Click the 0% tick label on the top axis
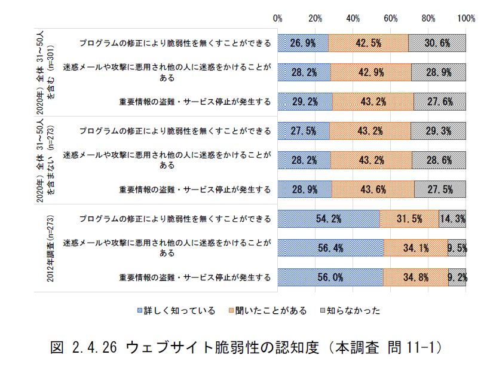tap(278, 19)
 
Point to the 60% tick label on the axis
tap(391, 19)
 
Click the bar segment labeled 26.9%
tap(303, 43)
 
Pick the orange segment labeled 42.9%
tap(370, 72)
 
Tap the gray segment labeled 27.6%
tap(439, 102)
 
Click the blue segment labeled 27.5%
tap(304, 131)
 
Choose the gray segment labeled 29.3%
tap(438, 131)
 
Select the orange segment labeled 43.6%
tap(373, 189)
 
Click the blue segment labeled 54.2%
tap(329, 219)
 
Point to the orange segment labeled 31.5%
tap(409, 219)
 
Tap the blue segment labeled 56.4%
tap(330, 248)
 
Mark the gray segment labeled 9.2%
tap(457, 277)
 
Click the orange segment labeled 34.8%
tap(416, 277)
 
